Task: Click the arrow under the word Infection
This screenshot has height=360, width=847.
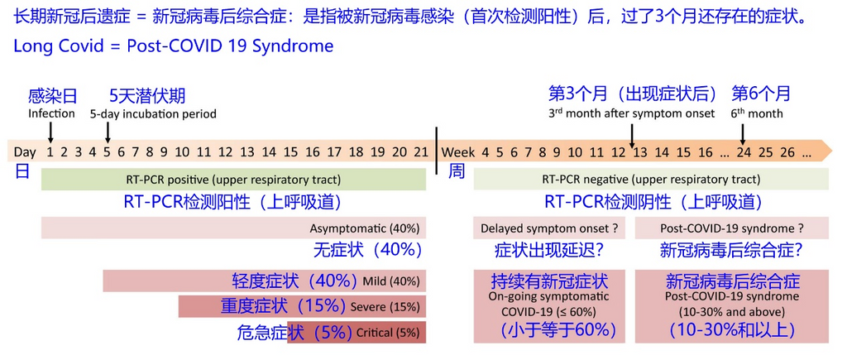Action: tap(50, 132)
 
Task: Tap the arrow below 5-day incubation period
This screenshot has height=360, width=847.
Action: tap(108, 132)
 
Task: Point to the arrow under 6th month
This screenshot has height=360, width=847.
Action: tap(743, 132)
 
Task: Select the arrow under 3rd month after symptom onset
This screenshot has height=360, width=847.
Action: tap(633, 132)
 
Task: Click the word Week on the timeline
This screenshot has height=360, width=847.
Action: tap(458, 152)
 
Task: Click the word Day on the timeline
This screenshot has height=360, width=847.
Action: tap(25, 152)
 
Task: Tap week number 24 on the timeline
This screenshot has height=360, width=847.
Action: tap(744, 152)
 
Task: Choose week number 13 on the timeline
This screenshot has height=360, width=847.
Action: tap(640, 152)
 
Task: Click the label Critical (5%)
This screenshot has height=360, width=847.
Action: tap(387, 333)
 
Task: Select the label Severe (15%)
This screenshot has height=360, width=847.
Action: tap(385, 307)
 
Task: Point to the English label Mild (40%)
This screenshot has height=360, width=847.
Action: tap(391, 281)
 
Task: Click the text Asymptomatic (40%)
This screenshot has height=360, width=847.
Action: tap(364, 228)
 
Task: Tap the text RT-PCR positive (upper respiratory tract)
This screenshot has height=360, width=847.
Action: tap(233, 180)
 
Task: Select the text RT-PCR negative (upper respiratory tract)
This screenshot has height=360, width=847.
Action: tap(651, 180)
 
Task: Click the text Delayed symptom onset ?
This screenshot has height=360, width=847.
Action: tap(549, 228)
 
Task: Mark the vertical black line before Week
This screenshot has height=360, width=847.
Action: tap(437, 151)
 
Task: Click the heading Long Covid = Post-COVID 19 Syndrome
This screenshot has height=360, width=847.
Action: tap(174, 46)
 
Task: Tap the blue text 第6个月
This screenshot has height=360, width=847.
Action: tap(761, 94)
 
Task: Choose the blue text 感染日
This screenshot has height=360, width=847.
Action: tap(52, 96)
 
